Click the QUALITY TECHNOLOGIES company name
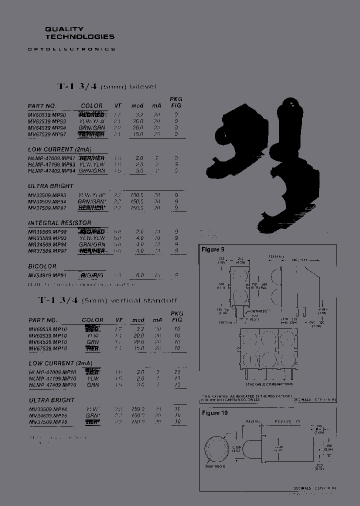coord(79,33)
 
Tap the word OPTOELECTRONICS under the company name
coord(71,49)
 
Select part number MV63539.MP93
coord(47,121)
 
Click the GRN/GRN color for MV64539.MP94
coord(91,127)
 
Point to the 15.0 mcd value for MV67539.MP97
coord(137,134)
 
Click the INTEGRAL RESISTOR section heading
coord(60,223)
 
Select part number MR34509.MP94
coord(47,244)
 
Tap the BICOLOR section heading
coord(42,266)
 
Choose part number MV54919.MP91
coord(47,275)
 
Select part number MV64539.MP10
coord(47,342)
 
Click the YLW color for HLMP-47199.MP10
coord(93,379)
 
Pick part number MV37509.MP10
coord(47,422)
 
